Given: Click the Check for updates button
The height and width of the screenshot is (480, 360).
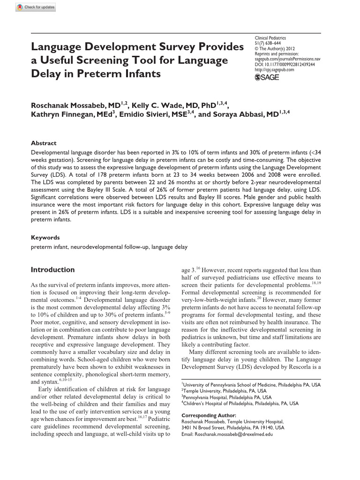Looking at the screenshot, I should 35,7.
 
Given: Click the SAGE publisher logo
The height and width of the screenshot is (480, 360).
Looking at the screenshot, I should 267,77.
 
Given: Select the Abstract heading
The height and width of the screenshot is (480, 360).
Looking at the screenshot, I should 44,143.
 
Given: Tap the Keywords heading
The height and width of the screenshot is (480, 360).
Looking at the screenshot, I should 45,238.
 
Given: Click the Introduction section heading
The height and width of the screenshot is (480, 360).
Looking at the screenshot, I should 52,270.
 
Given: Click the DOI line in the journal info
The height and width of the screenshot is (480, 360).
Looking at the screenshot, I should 285,64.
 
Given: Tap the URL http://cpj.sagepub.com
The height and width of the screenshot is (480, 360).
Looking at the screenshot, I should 274,70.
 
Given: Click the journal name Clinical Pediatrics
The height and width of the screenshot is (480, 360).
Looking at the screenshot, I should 270,37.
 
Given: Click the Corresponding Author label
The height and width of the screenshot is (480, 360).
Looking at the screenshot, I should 209,415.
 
